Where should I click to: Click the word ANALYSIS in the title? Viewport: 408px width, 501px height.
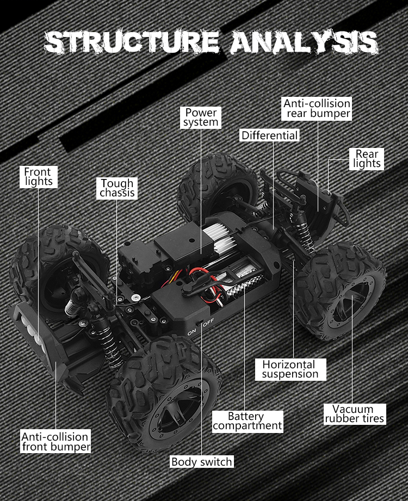click(304, 42)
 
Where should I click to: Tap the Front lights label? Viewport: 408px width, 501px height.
click(38, 177)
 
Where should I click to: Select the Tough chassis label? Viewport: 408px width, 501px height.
click(117, 188)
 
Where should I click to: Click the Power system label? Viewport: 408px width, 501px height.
click(201, 117)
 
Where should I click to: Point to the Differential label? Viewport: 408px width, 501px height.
click(269, 135)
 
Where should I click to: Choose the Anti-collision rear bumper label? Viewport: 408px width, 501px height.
click(316, 109)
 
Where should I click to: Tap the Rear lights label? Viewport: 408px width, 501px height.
click(367, 159)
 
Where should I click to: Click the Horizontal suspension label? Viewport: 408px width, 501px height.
click(290, 369)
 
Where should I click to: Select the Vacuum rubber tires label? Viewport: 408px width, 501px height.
click(355, 414)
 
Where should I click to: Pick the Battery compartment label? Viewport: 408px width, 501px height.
click(248, 422)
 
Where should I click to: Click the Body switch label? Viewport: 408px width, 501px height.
click(202, 462)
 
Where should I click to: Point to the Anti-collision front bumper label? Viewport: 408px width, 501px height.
click(56, 441)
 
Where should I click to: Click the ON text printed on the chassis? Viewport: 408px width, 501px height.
click(191, 332)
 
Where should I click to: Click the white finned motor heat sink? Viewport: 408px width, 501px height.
click(219, 236)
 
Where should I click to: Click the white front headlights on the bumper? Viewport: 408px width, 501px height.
click(32, 329)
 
